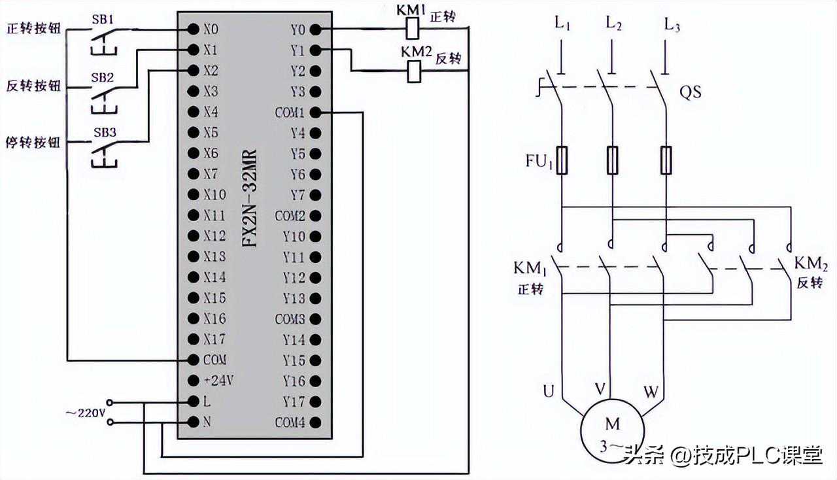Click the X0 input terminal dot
pyautogui.click(x=194, y=29)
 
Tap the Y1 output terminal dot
pyautogui.click(x=315, y=50)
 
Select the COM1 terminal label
pyautogui.click(x=290, y=112)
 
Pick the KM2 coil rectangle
pyautogui.click(x=413, y=71)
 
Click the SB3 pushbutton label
pyautogui.click(x=104, y=132)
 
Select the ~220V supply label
pyautogui.click(x=85, y=413)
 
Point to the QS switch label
pyautogui.click(x=690, y=92)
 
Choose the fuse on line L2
pyautogui.click(x=613, y=160)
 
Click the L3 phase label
pyautogui.click(x=672, y=26)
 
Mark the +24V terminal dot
pyautogui.click(x=194, y=381)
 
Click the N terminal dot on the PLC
pyautogui.click(x=194, y=422)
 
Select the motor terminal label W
pyautogui.click(x=651, y=392)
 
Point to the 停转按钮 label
pyautogui.click(x=33, y=142)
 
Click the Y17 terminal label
pyautogui.click(x=294, y=402)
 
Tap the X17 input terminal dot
pyautogui.click(x=194, y=339)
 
